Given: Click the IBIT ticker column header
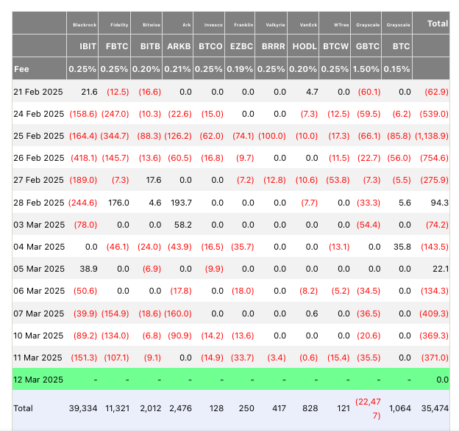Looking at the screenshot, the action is [x=88, y=46].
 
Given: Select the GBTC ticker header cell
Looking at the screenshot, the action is [x=367, y=46].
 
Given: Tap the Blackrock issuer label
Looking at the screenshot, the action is [x=85, y=25].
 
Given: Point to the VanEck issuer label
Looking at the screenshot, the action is [x=308, y=25].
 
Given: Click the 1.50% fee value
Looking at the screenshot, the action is [x=366, y=69].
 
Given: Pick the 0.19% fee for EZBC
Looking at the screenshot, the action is [x=240, y=69].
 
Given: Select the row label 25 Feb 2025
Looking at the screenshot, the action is [x=39, y=136].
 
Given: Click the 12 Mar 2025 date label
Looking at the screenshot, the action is [x=38, y=380].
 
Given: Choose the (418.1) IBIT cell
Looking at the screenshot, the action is [x=84, y=158].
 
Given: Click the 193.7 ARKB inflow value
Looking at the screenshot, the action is [x=181, y=203].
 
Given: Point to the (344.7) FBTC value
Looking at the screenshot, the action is [x=115, y=136].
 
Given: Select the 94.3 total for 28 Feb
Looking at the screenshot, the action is [x=440, y=203].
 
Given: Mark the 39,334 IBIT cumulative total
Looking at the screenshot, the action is [x=83, y=408].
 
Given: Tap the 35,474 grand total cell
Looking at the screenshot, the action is [x=435, y=408].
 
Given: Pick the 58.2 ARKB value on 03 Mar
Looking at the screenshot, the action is [x=183, y=225].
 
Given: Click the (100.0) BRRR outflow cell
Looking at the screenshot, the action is [x=272, y=136].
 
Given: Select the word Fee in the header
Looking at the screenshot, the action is [x=21, y=69].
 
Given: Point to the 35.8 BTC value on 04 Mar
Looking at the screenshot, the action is [x=402, y=247].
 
